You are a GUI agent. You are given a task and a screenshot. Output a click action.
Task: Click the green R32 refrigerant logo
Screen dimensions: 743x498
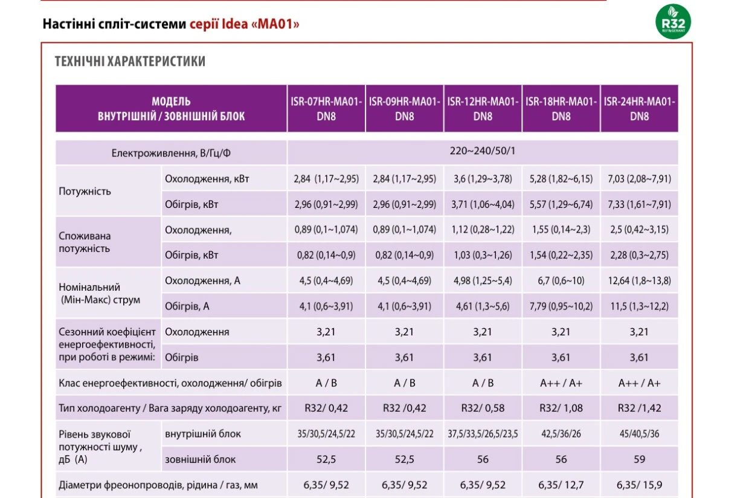tap(673, 22)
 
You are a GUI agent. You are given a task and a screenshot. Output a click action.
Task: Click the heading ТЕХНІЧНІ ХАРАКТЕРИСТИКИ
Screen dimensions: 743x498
tap(130, 62)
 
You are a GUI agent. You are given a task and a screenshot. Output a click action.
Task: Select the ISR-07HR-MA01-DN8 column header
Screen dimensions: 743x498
tap(326, 109)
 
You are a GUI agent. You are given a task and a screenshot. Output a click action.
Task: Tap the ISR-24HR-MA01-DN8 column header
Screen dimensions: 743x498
tap(639, 109)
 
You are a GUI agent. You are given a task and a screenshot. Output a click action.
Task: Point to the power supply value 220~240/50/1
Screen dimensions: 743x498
tap(483, 151)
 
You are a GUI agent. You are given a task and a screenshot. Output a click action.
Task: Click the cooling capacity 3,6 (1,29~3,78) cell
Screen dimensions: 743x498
tap(483, 179)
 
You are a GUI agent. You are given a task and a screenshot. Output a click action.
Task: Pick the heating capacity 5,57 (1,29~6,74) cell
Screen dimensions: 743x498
tap(561, 204)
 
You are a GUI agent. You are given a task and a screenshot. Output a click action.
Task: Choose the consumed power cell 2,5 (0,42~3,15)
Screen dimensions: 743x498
tap(639, 230)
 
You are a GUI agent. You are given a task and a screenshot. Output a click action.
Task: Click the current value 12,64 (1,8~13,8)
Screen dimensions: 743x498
tap(639, 280)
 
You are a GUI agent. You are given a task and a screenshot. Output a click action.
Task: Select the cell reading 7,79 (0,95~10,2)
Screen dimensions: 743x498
tap(561, 306)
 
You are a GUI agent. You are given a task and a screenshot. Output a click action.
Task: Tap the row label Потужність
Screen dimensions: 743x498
tap(85, 192)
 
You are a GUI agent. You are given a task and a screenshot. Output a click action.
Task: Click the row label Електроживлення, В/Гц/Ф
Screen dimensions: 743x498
tap(171, 153)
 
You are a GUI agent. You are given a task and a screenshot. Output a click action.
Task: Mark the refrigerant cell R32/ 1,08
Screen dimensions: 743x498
tap(561, 408)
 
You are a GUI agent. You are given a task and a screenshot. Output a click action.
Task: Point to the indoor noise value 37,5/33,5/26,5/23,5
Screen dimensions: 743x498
tap(483, 434)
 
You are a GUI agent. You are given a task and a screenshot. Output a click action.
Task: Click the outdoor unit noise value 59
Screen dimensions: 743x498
tap(639, 459)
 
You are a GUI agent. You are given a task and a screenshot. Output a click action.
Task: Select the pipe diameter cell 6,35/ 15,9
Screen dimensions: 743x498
tap(639, 485)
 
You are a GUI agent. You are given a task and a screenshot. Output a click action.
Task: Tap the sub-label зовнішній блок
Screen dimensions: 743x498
tap(200, 459)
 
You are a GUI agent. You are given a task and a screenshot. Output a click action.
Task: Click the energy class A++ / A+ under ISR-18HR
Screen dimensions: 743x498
tap(561, 383)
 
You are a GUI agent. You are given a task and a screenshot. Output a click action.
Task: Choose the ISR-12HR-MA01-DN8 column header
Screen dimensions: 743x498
tap(483, 109)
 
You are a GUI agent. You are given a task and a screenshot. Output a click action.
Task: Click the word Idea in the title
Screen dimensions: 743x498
tap(234, 24)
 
